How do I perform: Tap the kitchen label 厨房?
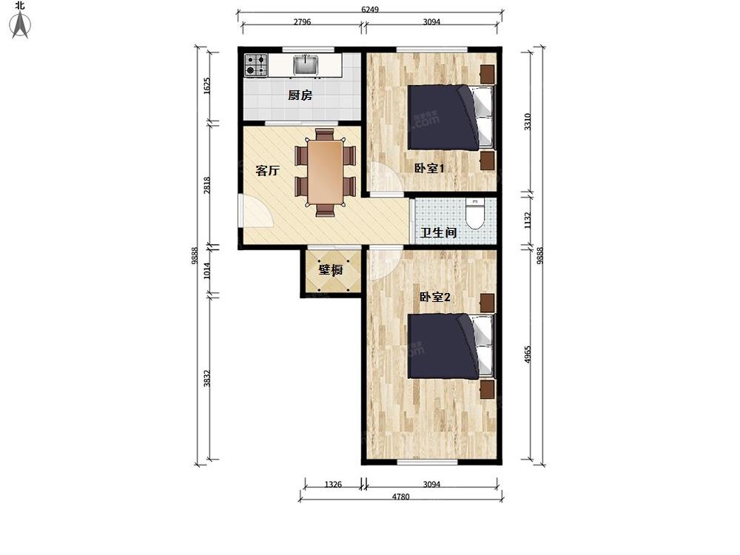click(x=300, y=95)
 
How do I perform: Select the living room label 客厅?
click(x=268, y=170)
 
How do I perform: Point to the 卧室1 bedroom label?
click(x=429, y=168)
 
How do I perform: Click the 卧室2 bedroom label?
click(x=434, y=297)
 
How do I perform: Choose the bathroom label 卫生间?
click(x=438, y=232)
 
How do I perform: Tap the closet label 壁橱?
click(x=330, y=270)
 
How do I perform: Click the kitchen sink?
click(x=306, y=64)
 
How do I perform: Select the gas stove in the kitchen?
click(x=256, y=65)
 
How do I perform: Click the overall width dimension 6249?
click(x=370, y=9)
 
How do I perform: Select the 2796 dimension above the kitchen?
click(x=302, y=21)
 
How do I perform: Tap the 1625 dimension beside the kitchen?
click(x=206, y=86)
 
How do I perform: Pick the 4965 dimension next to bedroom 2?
click(x=528, y=354)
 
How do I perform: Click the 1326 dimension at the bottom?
click(x=333, y=484)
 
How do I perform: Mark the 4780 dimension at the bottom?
click(x=400, y=497)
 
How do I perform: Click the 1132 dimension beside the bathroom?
click(x=528, y=221)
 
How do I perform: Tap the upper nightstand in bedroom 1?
click(x=488, y=73)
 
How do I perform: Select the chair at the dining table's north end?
click(x=325, y=134)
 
